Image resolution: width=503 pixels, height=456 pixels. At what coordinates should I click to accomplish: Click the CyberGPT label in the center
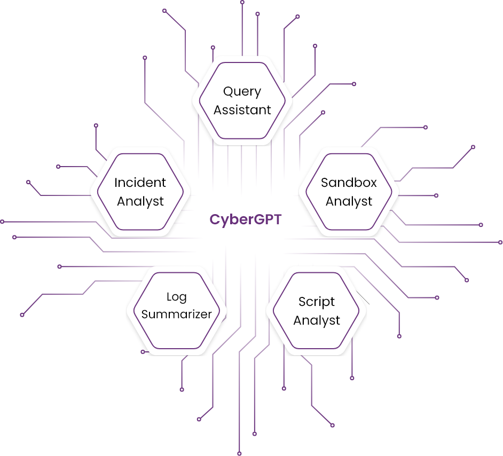[x=246, y=220]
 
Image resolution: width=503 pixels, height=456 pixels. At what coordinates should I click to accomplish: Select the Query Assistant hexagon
[x=242, y=100]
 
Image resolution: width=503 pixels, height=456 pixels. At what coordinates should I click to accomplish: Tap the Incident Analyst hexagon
[x=140, y=192]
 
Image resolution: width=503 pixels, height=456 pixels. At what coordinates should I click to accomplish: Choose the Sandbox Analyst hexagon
[x=349, y=192]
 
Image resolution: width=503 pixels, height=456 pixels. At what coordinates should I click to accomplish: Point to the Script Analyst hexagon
[x=317, y=311]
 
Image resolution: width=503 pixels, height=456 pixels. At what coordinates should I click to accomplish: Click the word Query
[x=242, y=92]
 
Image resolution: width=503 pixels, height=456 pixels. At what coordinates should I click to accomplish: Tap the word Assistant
[x=242, y=110]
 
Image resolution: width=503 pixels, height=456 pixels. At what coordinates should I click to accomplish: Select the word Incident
[x=140, y=183]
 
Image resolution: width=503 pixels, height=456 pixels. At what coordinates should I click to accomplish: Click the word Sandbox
[x=349, y=183]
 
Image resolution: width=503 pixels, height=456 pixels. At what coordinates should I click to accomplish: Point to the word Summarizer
[x=177, y=314]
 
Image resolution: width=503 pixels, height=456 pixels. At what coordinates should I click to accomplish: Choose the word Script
[x=317, y=302]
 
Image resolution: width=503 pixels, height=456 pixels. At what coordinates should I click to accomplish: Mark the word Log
[x=177, y=296]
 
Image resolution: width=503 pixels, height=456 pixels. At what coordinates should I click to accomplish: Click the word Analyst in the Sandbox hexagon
[x=349, y=201]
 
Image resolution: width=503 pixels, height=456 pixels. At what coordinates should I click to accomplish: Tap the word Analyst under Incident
[x=140, y=201]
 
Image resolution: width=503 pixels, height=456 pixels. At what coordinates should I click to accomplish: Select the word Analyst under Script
[x=317, y=320]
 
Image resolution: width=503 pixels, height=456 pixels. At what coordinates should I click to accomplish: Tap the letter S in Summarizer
[x=145, y=314]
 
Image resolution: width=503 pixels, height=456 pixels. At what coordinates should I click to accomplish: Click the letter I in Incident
[x=116, y=183]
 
